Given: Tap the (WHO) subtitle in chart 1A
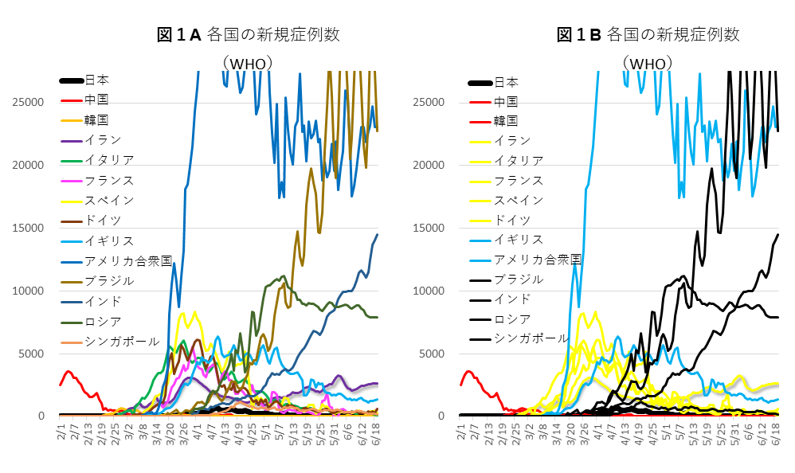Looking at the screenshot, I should coord(249,63).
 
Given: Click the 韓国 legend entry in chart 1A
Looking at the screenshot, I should coord(97,120).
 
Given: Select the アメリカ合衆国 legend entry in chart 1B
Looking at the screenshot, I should coord(538,260).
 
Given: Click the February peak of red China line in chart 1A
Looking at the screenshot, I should coord(69,371).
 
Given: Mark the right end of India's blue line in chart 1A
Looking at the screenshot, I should coord(378,235).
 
